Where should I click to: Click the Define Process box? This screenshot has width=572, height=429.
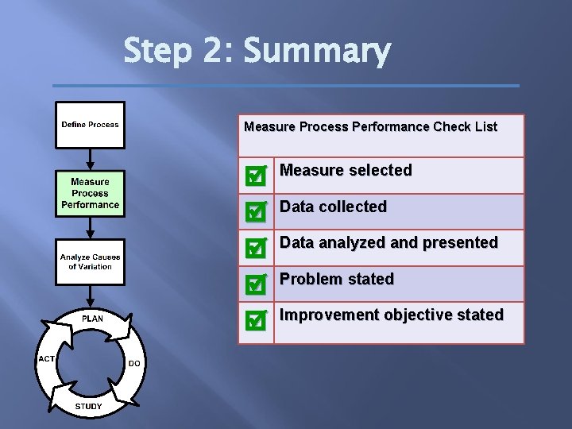[90, 125]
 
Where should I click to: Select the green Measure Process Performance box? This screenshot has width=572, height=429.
[90, 193]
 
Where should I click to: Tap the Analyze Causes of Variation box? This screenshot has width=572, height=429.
[90, 261]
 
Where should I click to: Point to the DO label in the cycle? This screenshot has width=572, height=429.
[134, 363]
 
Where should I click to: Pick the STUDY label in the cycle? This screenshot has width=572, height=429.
[88, 407]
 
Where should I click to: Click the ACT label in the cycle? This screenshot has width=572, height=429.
[46, 358]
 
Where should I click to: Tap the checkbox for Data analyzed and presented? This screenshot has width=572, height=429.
[255, 248]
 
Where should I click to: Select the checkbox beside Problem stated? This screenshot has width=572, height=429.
[255, 284]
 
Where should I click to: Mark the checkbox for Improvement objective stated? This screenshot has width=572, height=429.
[255, 320]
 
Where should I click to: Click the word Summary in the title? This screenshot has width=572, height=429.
[317, 52]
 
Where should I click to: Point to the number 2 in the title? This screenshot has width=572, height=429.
[213, 52]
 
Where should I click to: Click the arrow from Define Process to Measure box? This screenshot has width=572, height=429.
[90, 160]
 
